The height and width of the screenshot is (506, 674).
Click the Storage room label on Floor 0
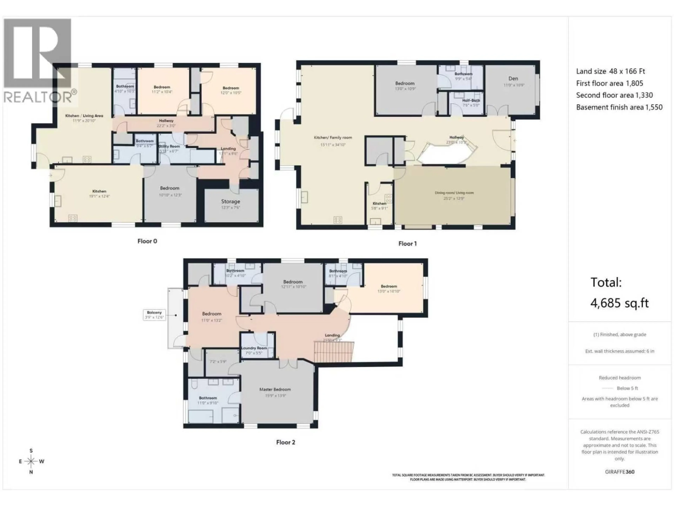[230, 202]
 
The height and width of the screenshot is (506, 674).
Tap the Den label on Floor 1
[513, 79]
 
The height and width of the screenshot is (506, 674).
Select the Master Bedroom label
[275, 390]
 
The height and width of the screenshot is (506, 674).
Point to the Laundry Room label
[254, 348]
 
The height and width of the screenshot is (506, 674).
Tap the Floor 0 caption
[147, 241]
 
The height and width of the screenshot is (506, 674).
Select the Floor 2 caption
[286, 442]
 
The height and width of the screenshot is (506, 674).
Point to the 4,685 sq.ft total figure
[619, 303]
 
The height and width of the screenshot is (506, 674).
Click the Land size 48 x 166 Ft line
[610, 71]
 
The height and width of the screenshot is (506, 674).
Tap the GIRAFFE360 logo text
[619, 472]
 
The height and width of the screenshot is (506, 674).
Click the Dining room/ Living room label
[454, 193]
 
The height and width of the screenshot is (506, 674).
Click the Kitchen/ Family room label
[333, 138]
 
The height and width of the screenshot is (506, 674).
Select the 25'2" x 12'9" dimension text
[454, 198]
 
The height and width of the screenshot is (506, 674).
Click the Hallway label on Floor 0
[166, 121]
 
